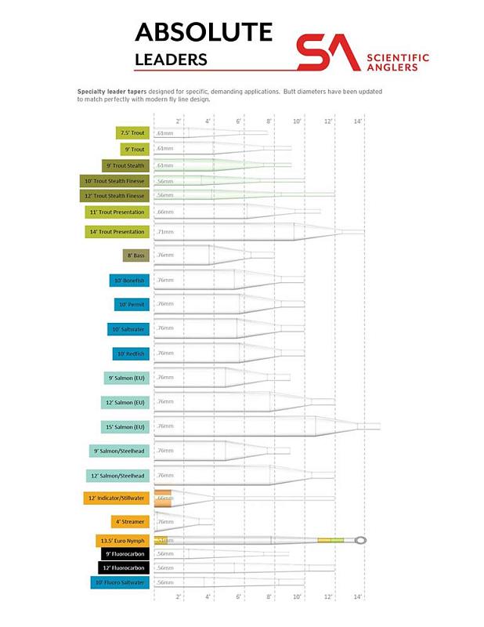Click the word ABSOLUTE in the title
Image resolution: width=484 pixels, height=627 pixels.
pos(204,32)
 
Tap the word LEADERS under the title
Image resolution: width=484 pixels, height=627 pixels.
pos(171,60)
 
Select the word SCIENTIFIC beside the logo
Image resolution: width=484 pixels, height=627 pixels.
pos(398,57)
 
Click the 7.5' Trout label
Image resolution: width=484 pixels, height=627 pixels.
pos(132,133)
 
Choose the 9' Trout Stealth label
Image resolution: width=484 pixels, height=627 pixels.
pos(125,165)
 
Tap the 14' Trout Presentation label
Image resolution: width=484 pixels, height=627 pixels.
pos(117,232)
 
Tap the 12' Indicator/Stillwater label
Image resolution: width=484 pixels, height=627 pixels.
pos(116,498)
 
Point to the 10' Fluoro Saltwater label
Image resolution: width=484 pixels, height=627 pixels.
pos(119,582)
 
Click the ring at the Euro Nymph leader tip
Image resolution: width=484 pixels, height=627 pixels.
pos(360,540)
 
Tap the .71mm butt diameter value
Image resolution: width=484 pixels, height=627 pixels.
pos(164,232)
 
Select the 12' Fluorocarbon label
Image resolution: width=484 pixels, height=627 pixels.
pos(123,567)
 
